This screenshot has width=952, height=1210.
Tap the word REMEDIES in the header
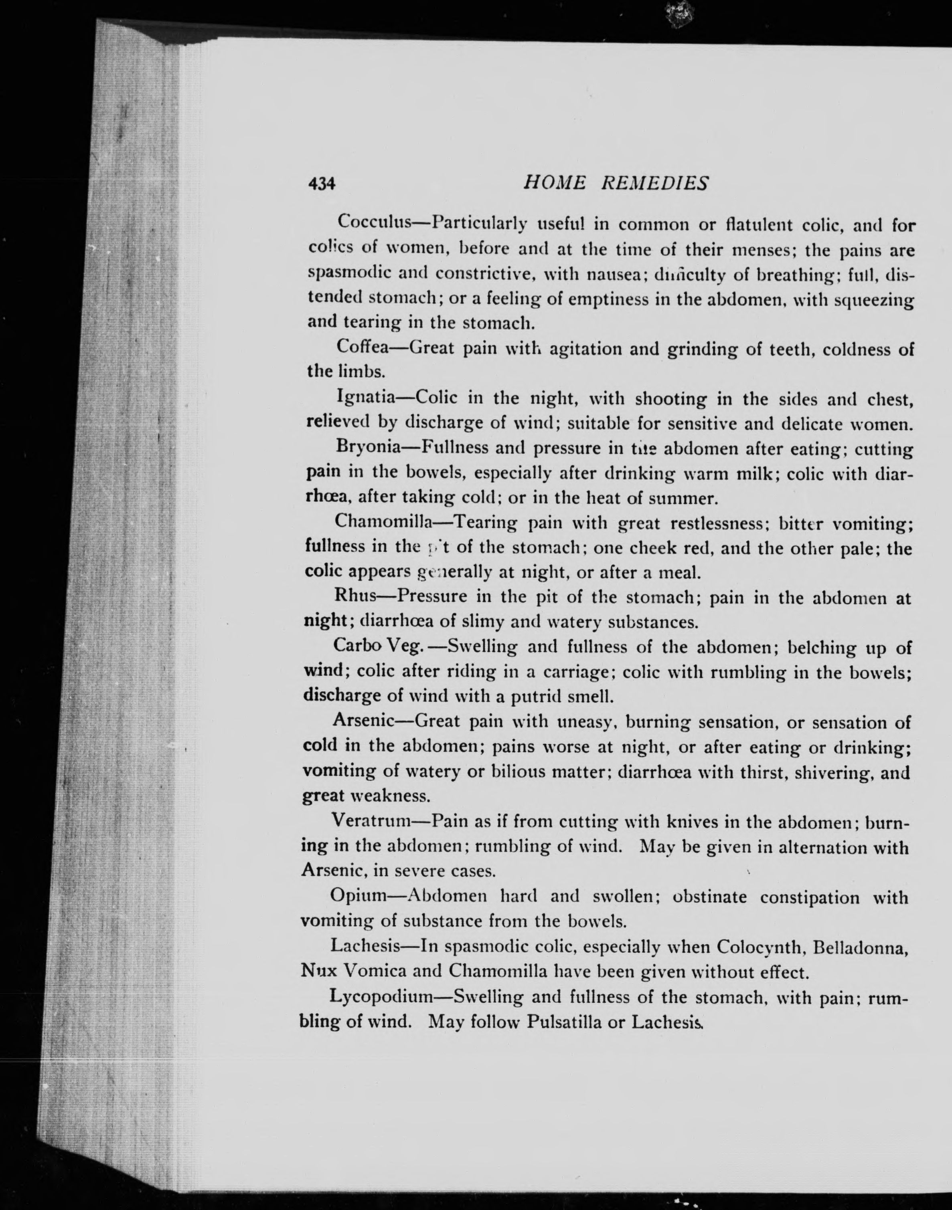click(654, 183)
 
